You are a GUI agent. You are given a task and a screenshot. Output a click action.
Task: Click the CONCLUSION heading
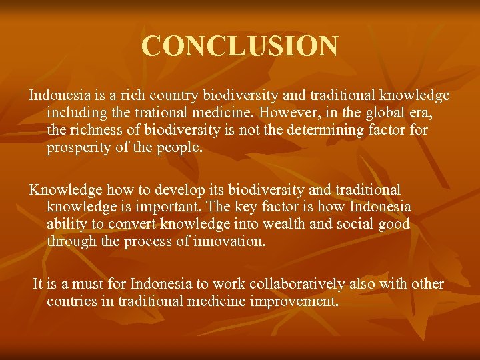click(240, 46)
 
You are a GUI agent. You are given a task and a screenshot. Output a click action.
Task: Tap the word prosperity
click(79, 147)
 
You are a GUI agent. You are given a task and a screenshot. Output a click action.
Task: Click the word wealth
click(283, 224)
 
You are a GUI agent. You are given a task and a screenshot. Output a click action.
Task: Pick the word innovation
click(229, 241)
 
